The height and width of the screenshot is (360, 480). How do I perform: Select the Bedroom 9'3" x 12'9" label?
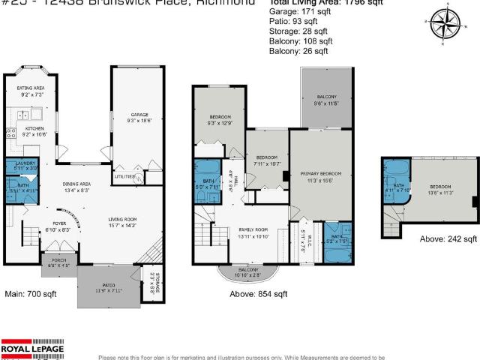220,119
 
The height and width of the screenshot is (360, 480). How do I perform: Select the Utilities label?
124,177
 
